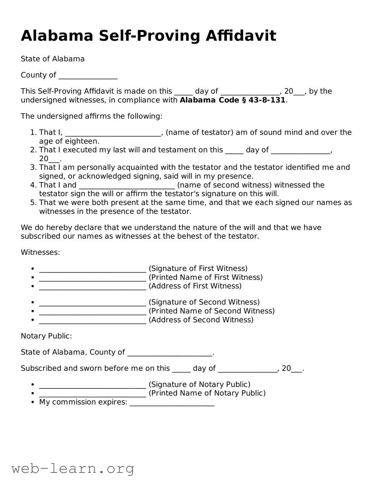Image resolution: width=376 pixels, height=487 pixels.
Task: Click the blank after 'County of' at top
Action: (88, 76)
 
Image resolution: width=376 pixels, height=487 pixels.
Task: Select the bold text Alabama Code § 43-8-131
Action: (232, 100)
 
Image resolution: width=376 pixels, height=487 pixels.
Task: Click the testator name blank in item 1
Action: (113, 133)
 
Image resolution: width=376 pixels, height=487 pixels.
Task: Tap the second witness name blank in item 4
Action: (127, 186)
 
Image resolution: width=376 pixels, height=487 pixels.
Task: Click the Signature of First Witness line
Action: (92, 269)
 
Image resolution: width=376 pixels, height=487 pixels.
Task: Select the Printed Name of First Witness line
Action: (92, 278)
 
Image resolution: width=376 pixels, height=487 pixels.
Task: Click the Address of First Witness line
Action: (92, 287)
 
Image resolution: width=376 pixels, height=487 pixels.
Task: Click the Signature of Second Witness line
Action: (92, 303)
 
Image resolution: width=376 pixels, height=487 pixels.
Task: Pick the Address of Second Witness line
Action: (92, 320)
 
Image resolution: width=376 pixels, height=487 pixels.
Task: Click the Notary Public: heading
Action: (46, 336)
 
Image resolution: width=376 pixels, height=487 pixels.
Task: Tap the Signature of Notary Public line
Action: (92, 385)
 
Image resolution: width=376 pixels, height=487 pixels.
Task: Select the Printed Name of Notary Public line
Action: (92, 394)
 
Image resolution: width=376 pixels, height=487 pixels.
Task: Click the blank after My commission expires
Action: (172, 403)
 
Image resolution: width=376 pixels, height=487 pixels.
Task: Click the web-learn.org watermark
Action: (73, 469)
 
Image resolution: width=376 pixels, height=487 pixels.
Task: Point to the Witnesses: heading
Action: (40, 252)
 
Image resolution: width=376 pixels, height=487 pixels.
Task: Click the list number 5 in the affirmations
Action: (33, 202)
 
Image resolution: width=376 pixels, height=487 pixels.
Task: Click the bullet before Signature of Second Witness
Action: (32, 303)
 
